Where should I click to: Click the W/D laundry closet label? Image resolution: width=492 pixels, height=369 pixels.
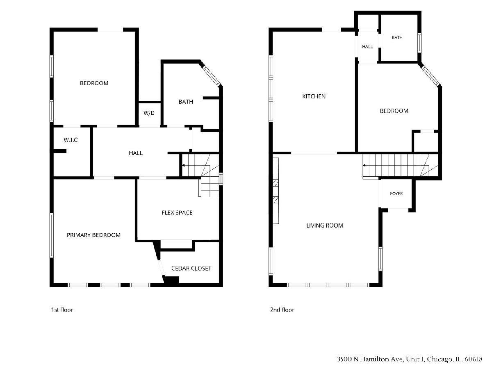[149, 113]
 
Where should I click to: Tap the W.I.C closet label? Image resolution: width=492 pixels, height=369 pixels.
[71, 140]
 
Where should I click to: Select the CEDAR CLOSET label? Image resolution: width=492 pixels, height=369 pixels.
[191, 269]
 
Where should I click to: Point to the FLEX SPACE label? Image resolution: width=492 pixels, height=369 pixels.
[177, 213]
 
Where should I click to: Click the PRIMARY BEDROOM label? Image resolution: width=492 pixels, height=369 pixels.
[93, 235]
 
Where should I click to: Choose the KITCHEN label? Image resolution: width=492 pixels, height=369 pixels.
[314, 96]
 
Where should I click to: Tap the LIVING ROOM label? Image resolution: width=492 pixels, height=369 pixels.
[325, 225]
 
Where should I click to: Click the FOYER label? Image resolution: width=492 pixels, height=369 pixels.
[396, 194]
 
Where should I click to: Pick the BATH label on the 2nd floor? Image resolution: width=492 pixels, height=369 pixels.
[397, 37]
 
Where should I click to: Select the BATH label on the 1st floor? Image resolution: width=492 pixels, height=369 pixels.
[186, 102]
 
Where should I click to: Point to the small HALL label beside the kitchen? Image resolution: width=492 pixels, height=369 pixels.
[367, 47]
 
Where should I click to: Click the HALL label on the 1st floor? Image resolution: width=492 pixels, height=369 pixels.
[136, 153]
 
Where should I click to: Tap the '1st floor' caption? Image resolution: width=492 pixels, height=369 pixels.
[62, 310]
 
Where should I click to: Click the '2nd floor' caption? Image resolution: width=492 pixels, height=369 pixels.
[282, 310]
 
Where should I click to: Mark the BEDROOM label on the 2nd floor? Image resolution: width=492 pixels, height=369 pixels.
[394, 111]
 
